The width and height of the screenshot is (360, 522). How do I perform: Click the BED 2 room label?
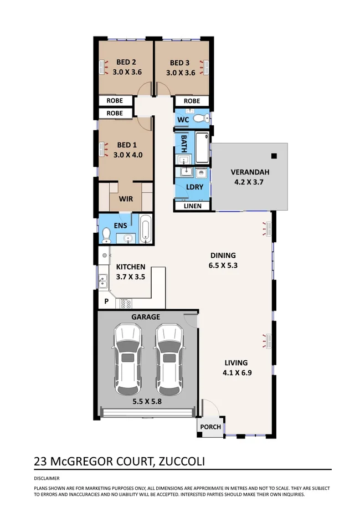(x=126, y=63)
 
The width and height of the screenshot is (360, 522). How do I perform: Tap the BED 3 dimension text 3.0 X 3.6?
(x=181, y=72)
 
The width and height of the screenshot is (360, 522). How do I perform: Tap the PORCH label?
(x=210, y=427)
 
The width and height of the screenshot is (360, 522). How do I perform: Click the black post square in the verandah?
(x=274, y=156)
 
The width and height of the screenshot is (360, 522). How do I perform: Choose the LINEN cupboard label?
(x=193, y=206)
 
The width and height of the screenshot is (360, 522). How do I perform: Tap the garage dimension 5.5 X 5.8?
(x=146, y=402)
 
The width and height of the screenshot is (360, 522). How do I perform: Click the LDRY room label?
(x=194, y=187)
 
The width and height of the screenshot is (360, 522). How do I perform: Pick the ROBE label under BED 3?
(x=192, y=101)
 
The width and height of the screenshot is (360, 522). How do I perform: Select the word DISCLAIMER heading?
(x=47, y=478)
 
